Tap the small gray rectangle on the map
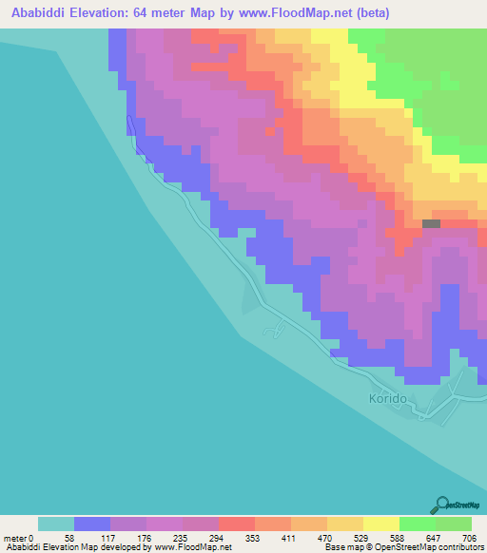(431, 224)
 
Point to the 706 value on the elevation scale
(472, 537)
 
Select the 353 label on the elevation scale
(254, 537)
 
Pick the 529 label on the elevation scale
(362, 537)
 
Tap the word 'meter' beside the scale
(14, 537)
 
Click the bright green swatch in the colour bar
(417, 524)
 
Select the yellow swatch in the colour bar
(380, 524)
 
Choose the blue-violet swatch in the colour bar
(91, 524)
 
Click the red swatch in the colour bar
(236, 524)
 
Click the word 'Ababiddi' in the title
(34, 13)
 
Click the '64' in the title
(137, 13)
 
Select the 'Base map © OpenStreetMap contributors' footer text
(402, 547)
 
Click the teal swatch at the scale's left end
(55, 524)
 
